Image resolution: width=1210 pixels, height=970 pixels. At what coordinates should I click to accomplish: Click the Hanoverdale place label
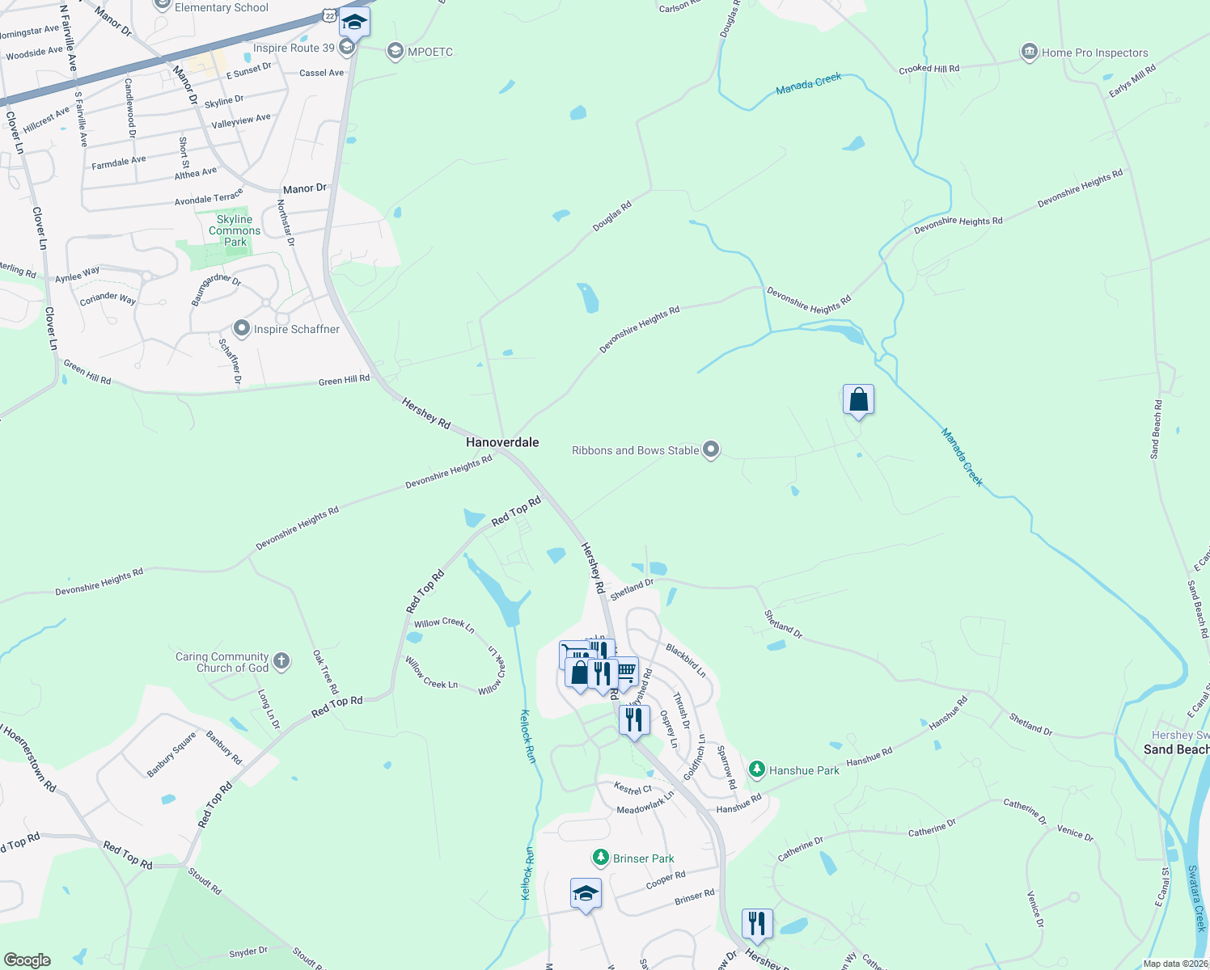tap(501, 442)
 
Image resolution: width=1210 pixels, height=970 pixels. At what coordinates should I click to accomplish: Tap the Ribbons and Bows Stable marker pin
tap(711, 449)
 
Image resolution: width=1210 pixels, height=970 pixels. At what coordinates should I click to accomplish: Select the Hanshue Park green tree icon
tap(757, 770)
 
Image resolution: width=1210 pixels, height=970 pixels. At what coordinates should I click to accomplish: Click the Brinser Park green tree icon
tap(600, 857)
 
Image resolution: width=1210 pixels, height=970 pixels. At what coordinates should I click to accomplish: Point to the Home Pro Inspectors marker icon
tap(1029, 53)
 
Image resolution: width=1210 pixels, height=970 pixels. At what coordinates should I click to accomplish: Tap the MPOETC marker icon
tap(396, 52)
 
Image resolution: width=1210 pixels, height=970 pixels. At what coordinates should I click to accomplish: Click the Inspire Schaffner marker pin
tap(241, 329)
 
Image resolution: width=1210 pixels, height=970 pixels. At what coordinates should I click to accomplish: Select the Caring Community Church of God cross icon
tap(281, 661)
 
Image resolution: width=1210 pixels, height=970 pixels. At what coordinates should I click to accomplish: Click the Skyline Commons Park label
tap(235, 230)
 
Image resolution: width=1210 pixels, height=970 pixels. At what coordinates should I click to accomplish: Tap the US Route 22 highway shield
tap(328, 15)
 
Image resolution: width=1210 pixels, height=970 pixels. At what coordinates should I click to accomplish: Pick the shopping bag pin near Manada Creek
tap(858, 399)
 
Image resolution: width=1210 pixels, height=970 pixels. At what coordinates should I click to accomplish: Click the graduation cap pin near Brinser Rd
tap(586, 893)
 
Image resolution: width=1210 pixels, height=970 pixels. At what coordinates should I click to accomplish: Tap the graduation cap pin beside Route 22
tap(354, 22)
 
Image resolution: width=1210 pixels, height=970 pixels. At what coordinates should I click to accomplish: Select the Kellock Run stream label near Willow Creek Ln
tap(527, 736)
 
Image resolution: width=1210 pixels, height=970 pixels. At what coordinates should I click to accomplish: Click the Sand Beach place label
tap(1176, 749)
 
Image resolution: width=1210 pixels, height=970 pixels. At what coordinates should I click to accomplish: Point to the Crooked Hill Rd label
tap(929, 69)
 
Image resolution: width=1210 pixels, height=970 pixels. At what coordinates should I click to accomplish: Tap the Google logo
tap(27, 959)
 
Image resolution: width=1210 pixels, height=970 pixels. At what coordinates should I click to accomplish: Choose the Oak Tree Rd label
tap(325, 673)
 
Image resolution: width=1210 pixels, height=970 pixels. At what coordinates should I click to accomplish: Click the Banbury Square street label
tap(171, 755)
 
